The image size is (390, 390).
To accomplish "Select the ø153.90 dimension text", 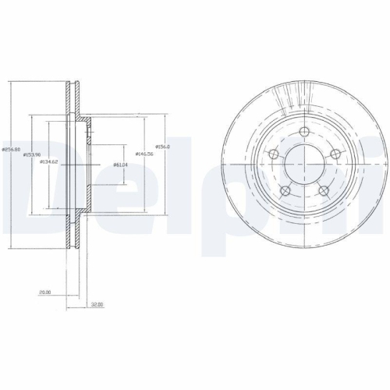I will (x=31, y=155).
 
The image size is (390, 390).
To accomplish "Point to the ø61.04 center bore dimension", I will (x=120, y=165).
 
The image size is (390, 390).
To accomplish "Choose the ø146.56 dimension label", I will (x=144, y=154).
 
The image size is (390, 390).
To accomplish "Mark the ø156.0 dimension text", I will (x=162, y=147).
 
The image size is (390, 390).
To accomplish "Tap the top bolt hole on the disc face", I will (x=303, y=132).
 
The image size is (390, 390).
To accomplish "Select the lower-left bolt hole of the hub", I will (x=284, y=190).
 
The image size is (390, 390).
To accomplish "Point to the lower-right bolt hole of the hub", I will (x=321, y=190).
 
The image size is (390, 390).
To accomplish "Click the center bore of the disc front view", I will (x=303, y=165).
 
